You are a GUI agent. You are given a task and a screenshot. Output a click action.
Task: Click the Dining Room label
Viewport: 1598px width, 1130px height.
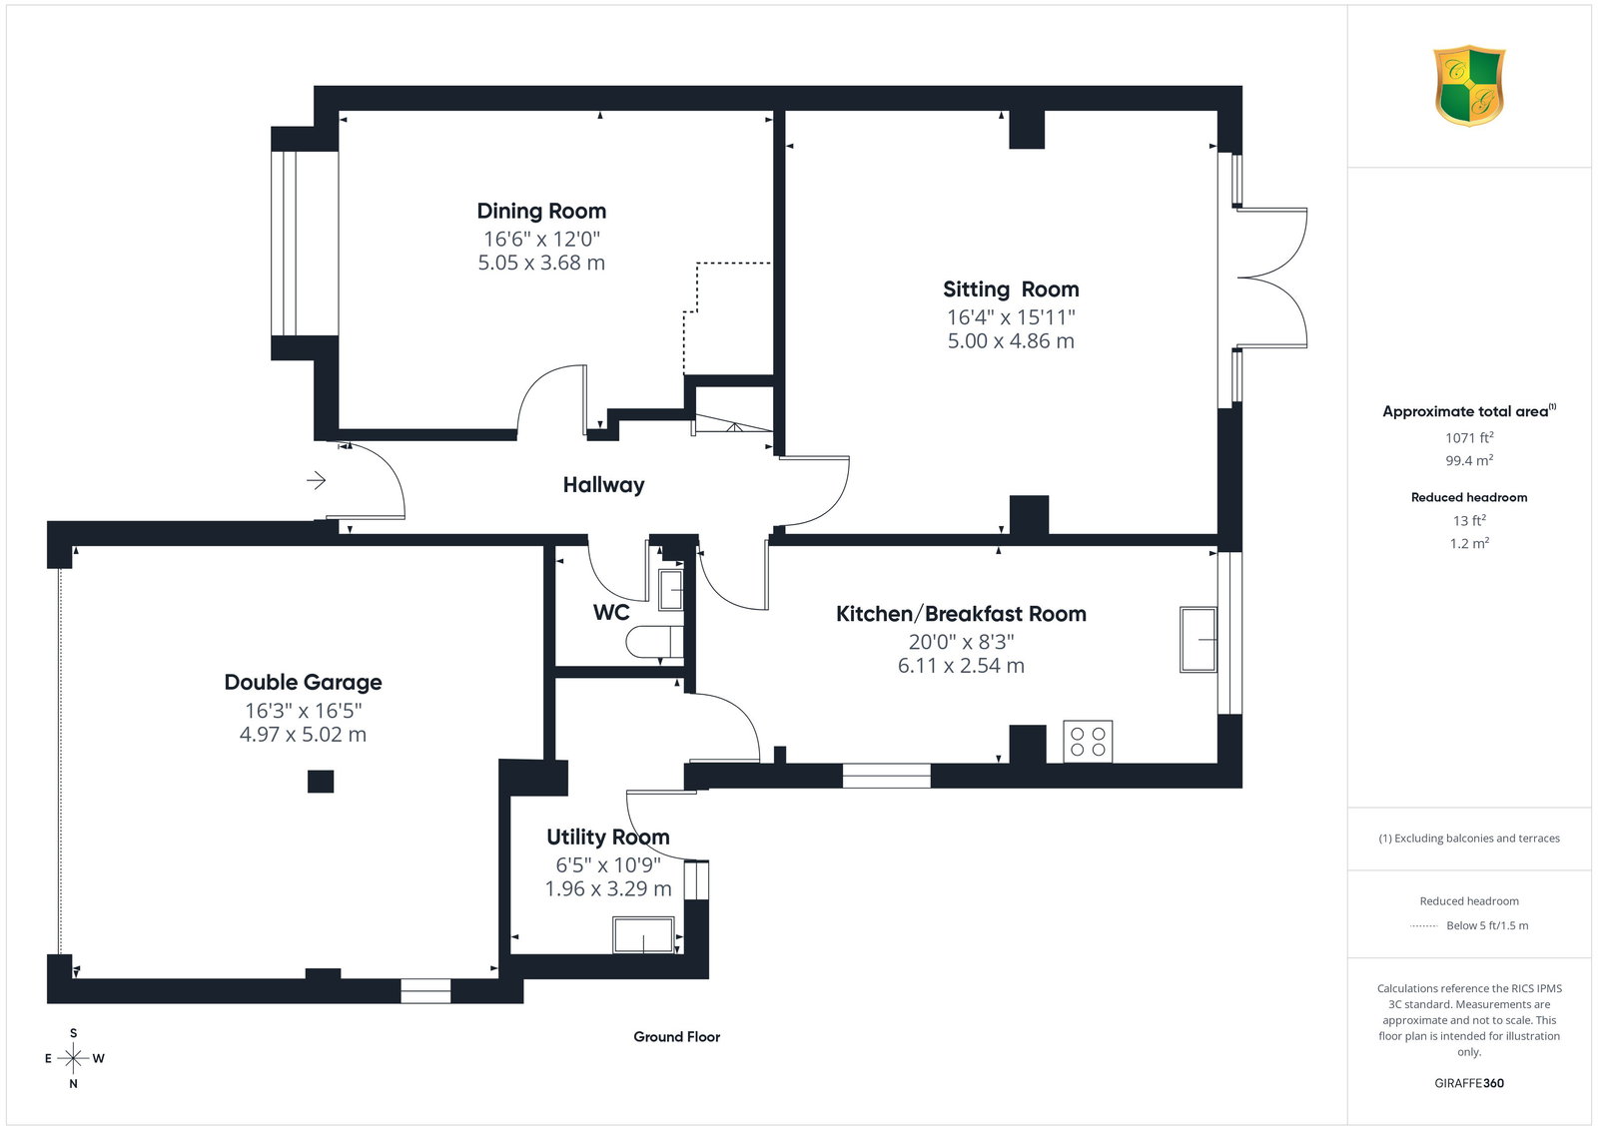pyautogui.click(x=541, y=211)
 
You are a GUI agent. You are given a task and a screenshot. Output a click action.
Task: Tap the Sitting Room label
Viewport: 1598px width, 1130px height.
pyautogui.click(x=1011, y=289)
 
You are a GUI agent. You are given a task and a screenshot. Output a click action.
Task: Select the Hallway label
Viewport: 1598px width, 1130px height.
pyautogui.click(x=603, y=485)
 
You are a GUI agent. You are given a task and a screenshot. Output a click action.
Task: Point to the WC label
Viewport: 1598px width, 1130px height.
pyautogui.click(x=611, y=612)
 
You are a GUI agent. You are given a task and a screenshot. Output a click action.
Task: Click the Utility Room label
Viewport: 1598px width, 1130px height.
pyautogui.click(x=608, y=837)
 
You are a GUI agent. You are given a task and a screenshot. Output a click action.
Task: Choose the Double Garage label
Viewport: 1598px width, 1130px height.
pyautogui.click(x=304, y=682)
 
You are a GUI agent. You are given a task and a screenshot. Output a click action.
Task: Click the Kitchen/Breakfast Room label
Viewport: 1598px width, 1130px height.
pyautogui.click(x=961, y=614)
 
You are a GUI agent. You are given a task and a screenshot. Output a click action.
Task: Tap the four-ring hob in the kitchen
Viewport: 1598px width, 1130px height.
pyautogui.click(x=1088, y=742)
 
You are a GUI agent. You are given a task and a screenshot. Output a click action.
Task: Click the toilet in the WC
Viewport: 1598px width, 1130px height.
pyautogui.click(x=654, y=642)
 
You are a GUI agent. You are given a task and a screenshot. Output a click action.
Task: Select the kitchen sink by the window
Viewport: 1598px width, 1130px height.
pyautogui.click(x=1198, y=640)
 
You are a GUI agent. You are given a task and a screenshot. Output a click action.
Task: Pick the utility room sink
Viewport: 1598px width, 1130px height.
pyautogui.click(x=643, y=934)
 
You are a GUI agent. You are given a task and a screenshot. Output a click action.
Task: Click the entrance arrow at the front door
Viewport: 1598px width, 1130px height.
pyautogui.click(x=316, y=480)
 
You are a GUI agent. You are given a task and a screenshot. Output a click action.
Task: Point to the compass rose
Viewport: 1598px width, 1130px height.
pyautogui.click(x=74, y=1059)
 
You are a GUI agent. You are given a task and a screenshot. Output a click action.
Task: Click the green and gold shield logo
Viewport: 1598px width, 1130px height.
pyautogui.click(x=1469, y=86)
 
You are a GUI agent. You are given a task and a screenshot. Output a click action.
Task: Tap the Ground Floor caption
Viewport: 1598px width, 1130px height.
pyautogui.click(x=677, y=1037)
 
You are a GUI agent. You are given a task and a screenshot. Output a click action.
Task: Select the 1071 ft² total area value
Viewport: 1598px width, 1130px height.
pyautogui.click(x=1469, y=438)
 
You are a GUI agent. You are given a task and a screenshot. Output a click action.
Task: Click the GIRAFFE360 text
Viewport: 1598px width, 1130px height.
pyautogui.click(x=1469, y=1083)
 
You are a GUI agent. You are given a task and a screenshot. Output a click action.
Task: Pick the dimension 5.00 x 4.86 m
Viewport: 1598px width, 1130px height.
pyautogui.click(x=1011, y=340)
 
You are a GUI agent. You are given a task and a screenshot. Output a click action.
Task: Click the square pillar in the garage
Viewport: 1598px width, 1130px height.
pyautogui.click(x=321, y=782)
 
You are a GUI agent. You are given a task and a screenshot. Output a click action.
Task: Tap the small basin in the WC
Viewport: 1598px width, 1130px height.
pyautogui.click(x=670, y=590)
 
